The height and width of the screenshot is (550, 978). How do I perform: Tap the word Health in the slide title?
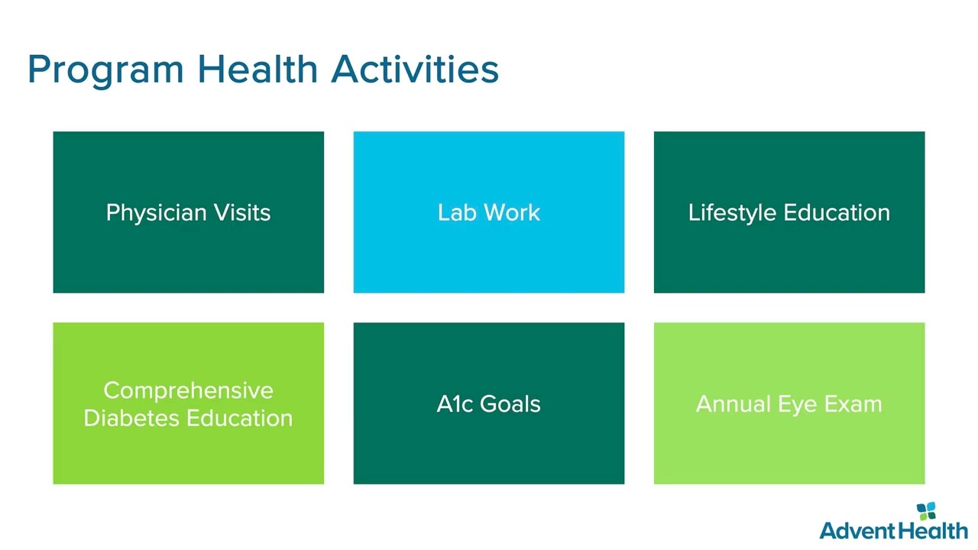pyautogui.click(x=257, y=69)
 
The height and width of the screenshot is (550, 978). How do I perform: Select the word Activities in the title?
pyautogui.click(x=415, y=69)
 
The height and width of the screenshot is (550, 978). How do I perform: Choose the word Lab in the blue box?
pyautogui.click(x=457, y=212)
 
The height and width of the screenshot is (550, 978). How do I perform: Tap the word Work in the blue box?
pyautogui.click(x=512, y=212)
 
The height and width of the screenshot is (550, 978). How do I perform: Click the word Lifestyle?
pyautogui.click(x=732, y=213)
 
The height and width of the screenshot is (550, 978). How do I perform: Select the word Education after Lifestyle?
pyautogui.click(x=837, y=212)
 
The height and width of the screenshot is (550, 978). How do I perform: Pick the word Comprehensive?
pyautogui.click(x=188, y=391)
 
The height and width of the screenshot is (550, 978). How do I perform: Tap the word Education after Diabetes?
pyautogui.click(x=240, y=418)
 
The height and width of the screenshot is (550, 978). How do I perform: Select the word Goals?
pyautogui.click(x=510, y=404)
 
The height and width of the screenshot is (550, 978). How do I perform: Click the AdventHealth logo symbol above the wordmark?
pyautogui.click(x=926, y=511)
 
